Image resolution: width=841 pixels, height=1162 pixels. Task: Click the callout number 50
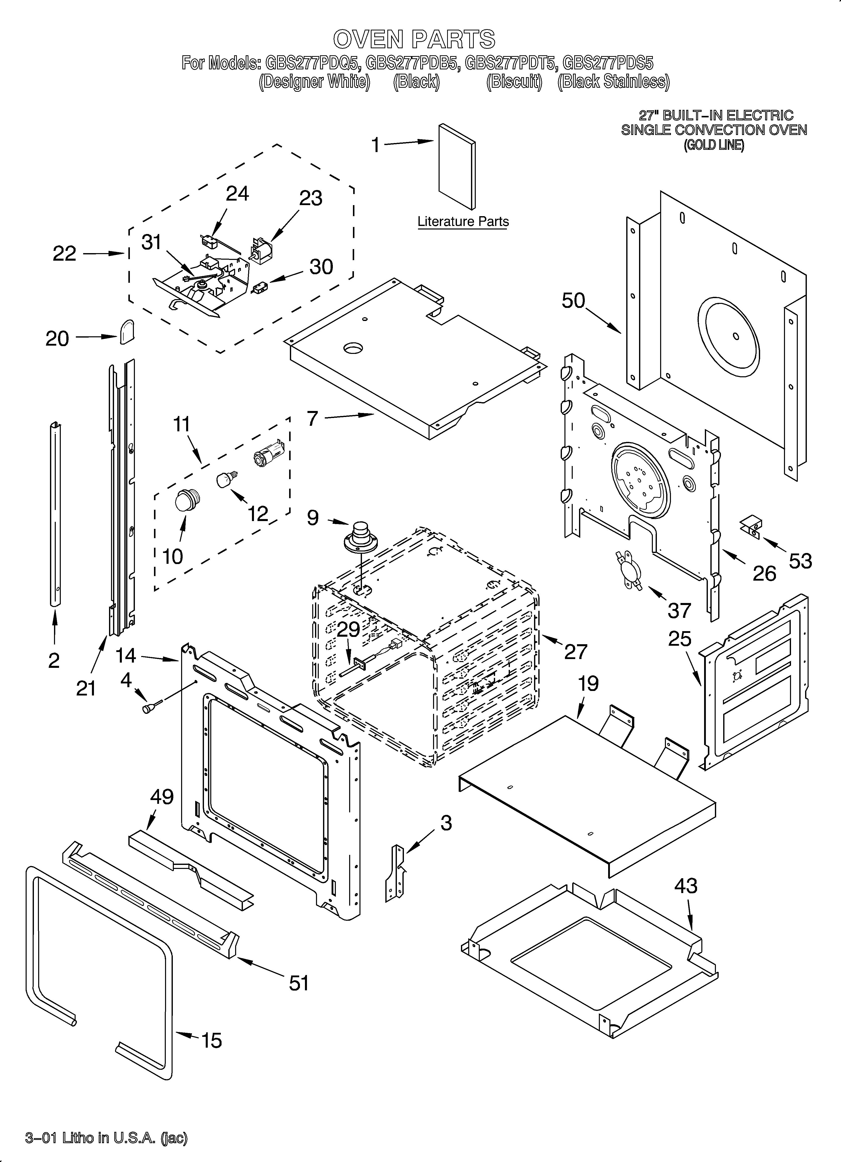tap(573, 301)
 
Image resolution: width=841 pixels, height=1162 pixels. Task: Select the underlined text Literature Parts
tap(463, 222)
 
